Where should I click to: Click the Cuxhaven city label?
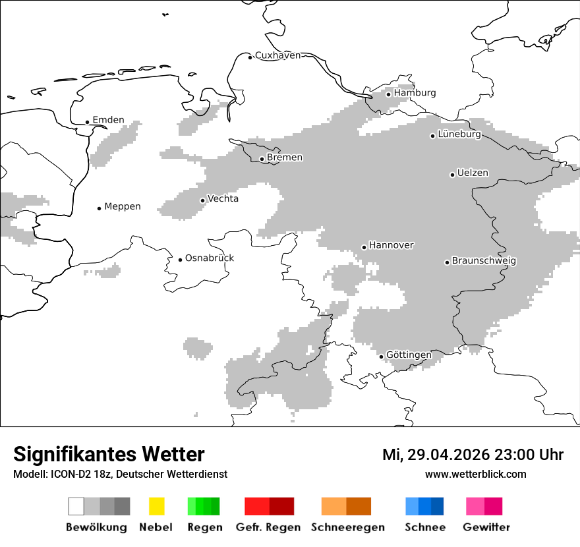point(277,55)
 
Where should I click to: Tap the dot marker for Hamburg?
point(388,94)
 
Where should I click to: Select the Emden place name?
point(108,120)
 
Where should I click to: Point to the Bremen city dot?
point(262,159)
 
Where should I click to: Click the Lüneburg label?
point(459,134)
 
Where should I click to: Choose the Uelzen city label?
point(473,173)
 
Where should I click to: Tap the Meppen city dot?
point(99,208)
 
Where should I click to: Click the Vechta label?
point(223,199)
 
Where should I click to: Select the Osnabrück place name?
point(209,258)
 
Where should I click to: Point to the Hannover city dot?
point(364,247)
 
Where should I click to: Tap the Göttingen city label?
point(409,355)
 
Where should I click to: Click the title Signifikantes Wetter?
point(109,455)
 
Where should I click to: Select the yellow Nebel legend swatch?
point(156,506)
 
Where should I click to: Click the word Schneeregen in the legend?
point(347,527)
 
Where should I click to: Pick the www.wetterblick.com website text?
point(475,475)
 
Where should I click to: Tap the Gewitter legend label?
point(486,527)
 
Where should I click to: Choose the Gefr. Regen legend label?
point(268,527)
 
